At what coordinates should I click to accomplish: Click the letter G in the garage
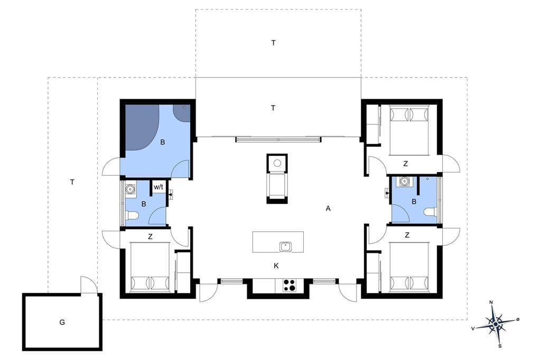pyautogui.click(x=62, y=323)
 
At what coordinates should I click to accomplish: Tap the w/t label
pyautogui.click(x=158, y=187)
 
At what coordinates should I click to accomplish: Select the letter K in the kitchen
pyautogui.click(x=276, y=266)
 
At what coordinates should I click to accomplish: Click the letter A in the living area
pyautogui.click(x=328, y=209)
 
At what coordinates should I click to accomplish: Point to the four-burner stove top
pyautogui.click(x=289, y=285)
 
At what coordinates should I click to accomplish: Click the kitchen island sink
pyautogui.click(x=286, y=247)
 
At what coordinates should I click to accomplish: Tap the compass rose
pyautogui.click(x=496, y=324)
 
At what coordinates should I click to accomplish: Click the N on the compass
pyautogui.click(x=491, y=302)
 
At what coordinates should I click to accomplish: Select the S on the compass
pyautogui.click(x=500, y=346)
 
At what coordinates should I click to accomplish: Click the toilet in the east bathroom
pyautogui.click(x=431, y=211)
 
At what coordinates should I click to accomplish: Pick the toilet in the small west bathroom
pyautogui.click(x=132, y=216)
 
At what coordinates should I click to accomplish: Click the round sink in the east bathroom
pyautogui.click(x=404, y=181)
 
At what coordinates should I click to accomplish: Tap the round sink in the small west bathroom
pyautogui.click(x=130, y=189)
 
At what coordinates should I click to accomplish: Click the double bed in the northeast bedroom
pyautogui.click(x=409, y=130)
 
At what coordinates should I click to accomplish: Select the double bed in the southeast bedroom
pyautogui.click(x=409, y=267)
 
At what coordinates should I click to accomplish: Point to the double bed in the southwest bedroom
pyautogui.click(x=151, y=267)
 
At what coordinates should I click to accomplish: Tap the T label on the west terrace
pyautogui.click(x=72, y=182)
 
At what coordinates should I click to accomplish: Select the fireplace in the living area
pyautogui.click(x=277, y=178)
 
